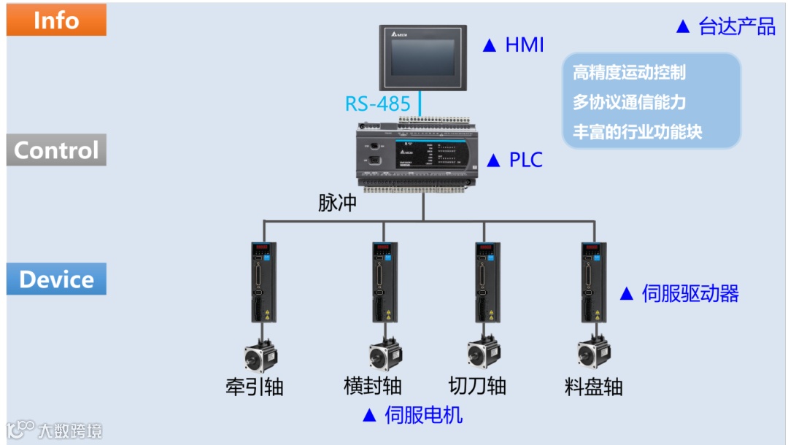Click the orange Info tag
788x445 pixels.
[x=56, y=20]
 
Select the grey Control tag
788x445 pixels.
[x=56, y=150]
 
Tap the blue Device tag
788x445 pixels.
[x=56, y=279]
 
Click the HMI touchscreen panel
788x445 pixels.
[x=422, y=57]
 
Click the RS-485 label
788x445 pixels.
[x=378, y=104]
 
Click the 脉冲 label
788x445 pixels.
[x=337, y=203]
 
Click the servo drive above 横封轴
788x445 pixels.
[x=384, y=282]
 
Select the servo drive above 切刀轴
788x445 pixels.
[x=488, y=282]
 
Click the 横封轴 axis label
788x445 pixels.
[x=373, y=386]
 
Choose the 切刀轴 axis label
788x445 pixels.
[x=477, y=386]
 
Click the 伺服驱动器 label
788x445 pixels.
[x=689, y=294]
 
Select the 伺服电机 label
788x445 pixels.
[x=423, y=415]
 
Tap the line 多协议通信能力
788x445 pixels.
[x=628, y=103]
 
